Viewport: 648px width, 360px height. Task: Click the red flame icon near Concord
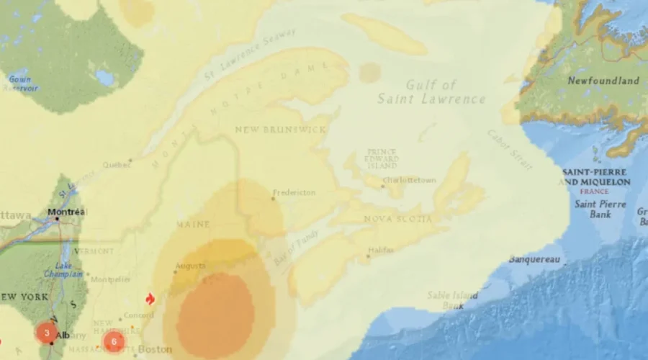point(150,299)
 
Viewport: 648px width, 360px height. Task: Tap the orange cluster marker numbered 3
point(47,333)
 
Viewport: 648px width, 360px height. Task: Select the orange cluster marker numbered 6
point(113,342)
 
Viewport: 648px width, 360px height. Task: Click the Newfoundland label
point(603,81)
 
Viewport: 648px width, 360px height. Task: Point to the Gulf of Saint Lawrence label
point(431,92)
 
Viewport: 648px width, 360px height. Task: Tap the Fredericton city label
point(294,193)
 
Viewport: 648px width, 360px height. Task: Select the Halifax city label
point(379,250)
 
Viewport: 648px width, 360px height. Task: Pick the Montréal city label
point(66,212)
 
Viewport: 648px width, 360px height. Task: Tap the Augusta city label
point(190,266)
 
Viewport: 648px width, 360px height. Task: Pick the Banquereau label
point(534,258)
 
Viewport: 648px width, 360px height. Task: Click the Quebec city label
point(117,165)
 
